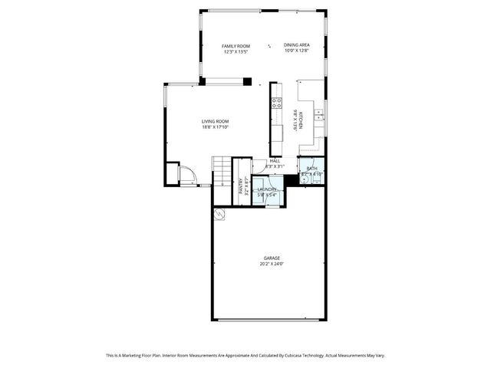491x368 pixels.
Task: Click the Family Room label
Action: pyautogui.click(x=236, y=46)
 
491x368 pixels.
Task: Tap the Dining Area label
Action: pyautogui.click(x=296, y=45)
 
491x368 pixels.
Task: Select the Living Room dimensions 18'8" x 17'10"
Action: pyautogui.click(x=216, y=127)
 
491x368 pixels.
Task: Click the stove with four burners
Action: pyautogui.click(x=276, y=103)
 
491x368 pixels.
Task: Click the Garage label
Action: pyautogui.click(x=272, y=258)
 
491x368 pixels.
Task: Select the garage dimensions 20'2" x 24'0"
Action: pyautogui.click(x=272, y=264)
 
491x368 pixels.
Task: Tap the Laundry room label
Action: pyautogui.click(x=267, y=189)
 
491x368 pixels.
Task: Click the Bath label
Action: pyautogui.click(x=311, y=169)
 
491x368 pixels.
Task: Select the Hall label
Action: pyautogui.click(x=274, y=160)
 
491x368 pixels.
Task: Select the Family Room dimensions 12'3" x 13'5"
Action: pyautogui.click(x=236, y=52)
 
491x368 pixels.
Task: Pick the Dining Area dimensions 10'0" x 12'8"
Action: pyautogui.click(x=296, y=51)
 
